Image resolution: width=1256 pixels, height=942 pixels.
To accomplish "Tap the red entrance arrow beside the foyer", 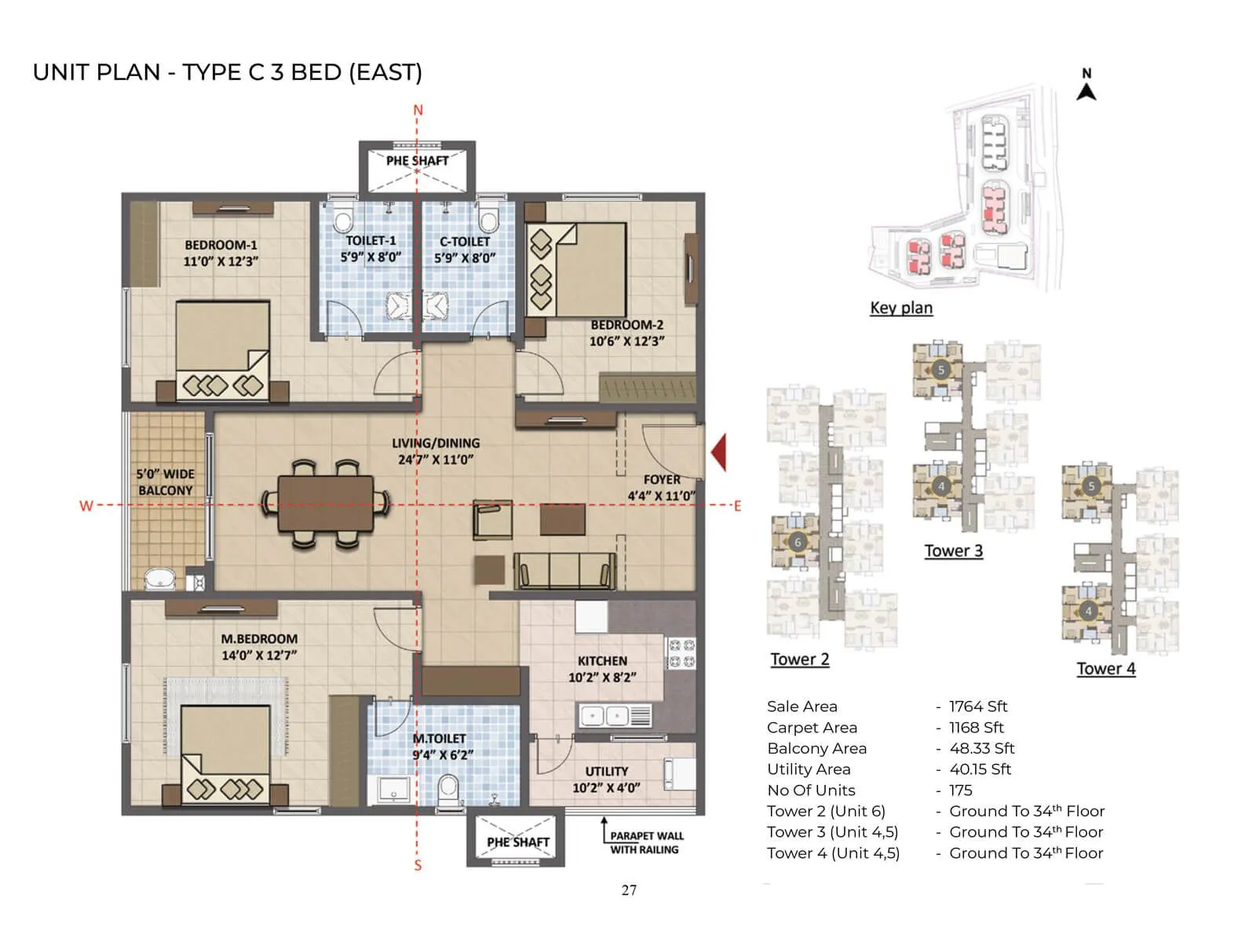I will coord(718,452).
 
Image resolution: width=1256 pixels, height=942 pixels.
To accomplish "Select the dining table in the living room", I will coord(326,504).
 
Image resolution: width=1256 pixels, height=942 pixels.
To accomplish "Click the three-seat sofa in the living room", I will coord(564,571).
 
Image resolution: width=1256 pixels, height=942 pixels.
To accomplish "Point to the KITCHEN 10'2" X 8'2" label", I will coord(602,669).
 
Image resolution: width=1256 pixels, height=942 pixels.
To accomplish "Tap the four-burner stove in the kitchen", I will coord(681,653).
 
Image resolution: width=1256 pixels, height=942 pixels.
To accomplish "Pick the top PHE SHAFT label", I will coord(417,161).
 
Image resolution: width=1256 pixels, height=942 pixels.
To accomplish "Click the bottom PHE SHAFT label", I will coord(517,842).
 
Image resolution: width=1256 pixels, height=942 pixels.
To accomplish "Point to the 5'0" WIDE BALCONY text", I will coord(165,482).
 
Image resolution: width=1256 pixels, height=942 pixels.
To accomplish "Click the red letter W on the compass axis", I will coord(86,506).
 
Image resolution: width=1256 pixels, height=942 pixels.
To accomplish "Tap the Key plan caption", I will coord(901,308).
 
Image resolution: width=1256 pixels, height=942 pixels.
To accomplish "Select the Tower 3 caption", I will coord(953,550).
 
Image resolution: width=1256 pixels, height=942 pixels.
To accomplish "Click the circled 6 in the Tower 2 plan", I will coord(798,542).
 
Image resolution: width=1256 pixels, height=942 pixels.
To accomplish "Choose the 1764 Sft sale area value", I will coord(977,706).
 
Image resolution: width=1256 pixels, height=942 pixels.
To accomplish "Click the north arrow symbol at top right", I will coord(1086,86).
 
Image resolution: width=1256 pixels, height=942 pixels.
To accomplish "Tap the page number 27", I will coord(629,889).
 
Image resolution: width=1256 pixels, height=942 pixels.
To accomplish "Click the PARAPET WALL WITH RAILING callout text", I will coord(646,842).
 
